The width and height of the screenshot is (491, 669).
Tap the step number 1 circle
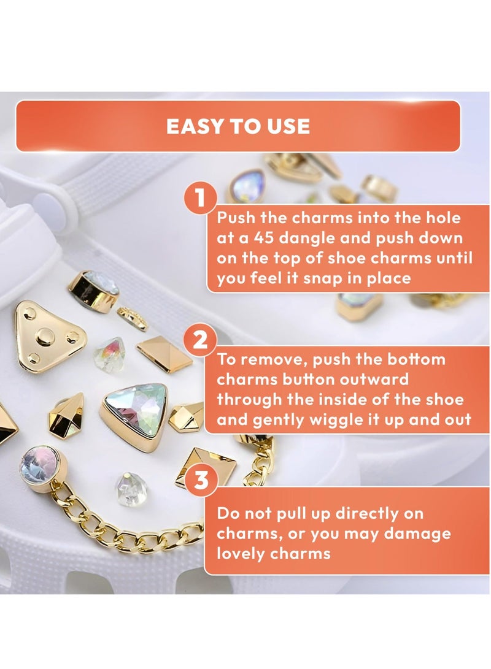coord(200,198)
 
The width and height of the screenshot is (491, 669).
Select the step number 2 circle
coord(200,340)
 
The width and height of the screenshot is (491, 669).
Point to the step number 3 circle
coord(200,480)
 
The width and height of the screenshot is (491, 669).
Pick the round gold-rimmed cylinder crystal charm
coord(94,291)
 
